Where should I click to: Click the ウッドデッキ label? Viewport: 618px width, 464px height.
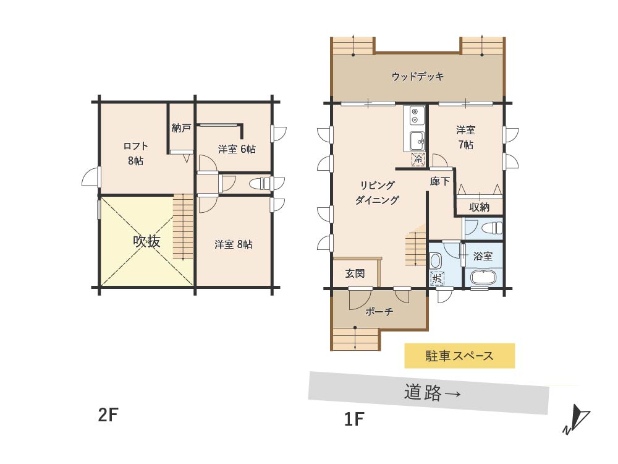[x=418, y=77]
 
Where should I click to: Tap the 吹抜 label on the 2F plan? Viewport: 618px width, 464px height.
[x=146, y=241]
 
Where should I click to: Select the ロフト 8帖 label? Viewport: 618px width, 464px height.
[x=135, y=152]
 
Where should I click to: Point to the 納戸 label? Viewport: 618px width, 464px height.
[x=181, y=129]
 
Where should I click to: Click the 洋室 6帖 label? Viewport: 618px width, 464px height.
[x=237, y=149]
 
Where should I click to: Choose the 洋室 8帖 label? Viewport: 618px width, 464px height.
[x=233, y=244]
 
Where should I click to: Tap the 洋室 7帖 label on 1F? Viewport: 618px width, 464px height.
[x=465, y=137]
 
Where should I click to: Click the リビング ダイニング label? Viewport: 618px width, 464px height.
[x=377, y=192]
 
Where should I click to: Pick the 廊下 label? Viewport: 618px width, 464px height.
[x=439, y=183]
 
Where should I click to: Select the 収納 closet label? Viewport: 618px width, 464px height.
[x=480, y=207]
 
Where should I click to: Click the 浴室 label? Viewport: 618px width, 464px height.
[x=483, y=256]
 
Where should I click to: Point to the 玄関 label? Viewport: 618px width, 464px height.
[x=355, y=273]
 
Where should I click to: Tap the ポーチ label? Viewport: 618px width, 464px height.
[x=380, y=312]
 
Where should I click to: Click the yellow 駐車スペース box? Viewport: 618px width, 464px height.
[x=459, y=356]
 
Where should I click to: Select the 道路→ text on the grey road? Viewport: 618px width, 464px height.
[x=433, y=393]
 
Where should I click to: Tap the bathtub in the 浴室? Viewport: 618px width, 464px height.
[x=483, y=277]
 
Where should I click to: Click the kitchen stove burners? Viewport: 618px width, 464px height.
[x=415, y=116]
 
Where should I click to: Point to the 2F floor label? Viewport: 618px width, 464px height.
[x=108, y=415]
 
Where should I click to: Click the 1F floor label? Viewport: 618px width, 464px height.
[x=354, y=420]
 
